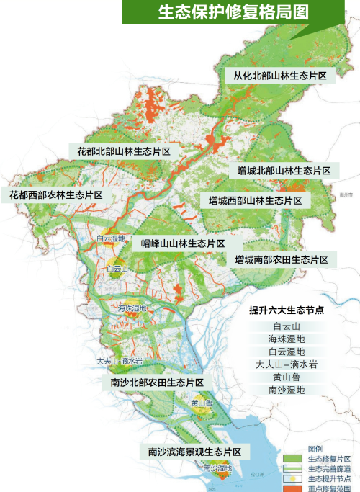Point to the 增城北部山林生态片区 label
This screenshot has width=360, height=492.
tap(284, 171)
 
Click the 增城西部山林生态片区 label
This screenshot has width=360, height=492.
tap(256, 200)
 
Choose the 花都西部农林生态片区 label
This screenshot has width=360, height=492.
tap(55, 195)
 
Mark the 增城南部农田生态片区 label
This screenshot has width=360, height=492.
tap(281, 259)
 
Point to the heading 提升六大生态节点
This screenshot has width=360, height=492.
tap(285, 311)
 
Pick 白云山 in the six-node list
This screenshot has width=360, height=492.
tap(286, 326)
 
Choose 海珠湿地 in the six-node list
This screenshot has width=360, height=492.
tap(286, 339)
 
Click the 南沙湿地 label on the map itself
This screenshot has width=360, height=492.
tap(217, 468)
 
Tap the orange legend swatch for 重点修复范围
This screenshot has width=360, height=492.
tap(295, 487)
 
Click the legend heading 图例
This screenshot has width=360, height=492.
tap(315, 448)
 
